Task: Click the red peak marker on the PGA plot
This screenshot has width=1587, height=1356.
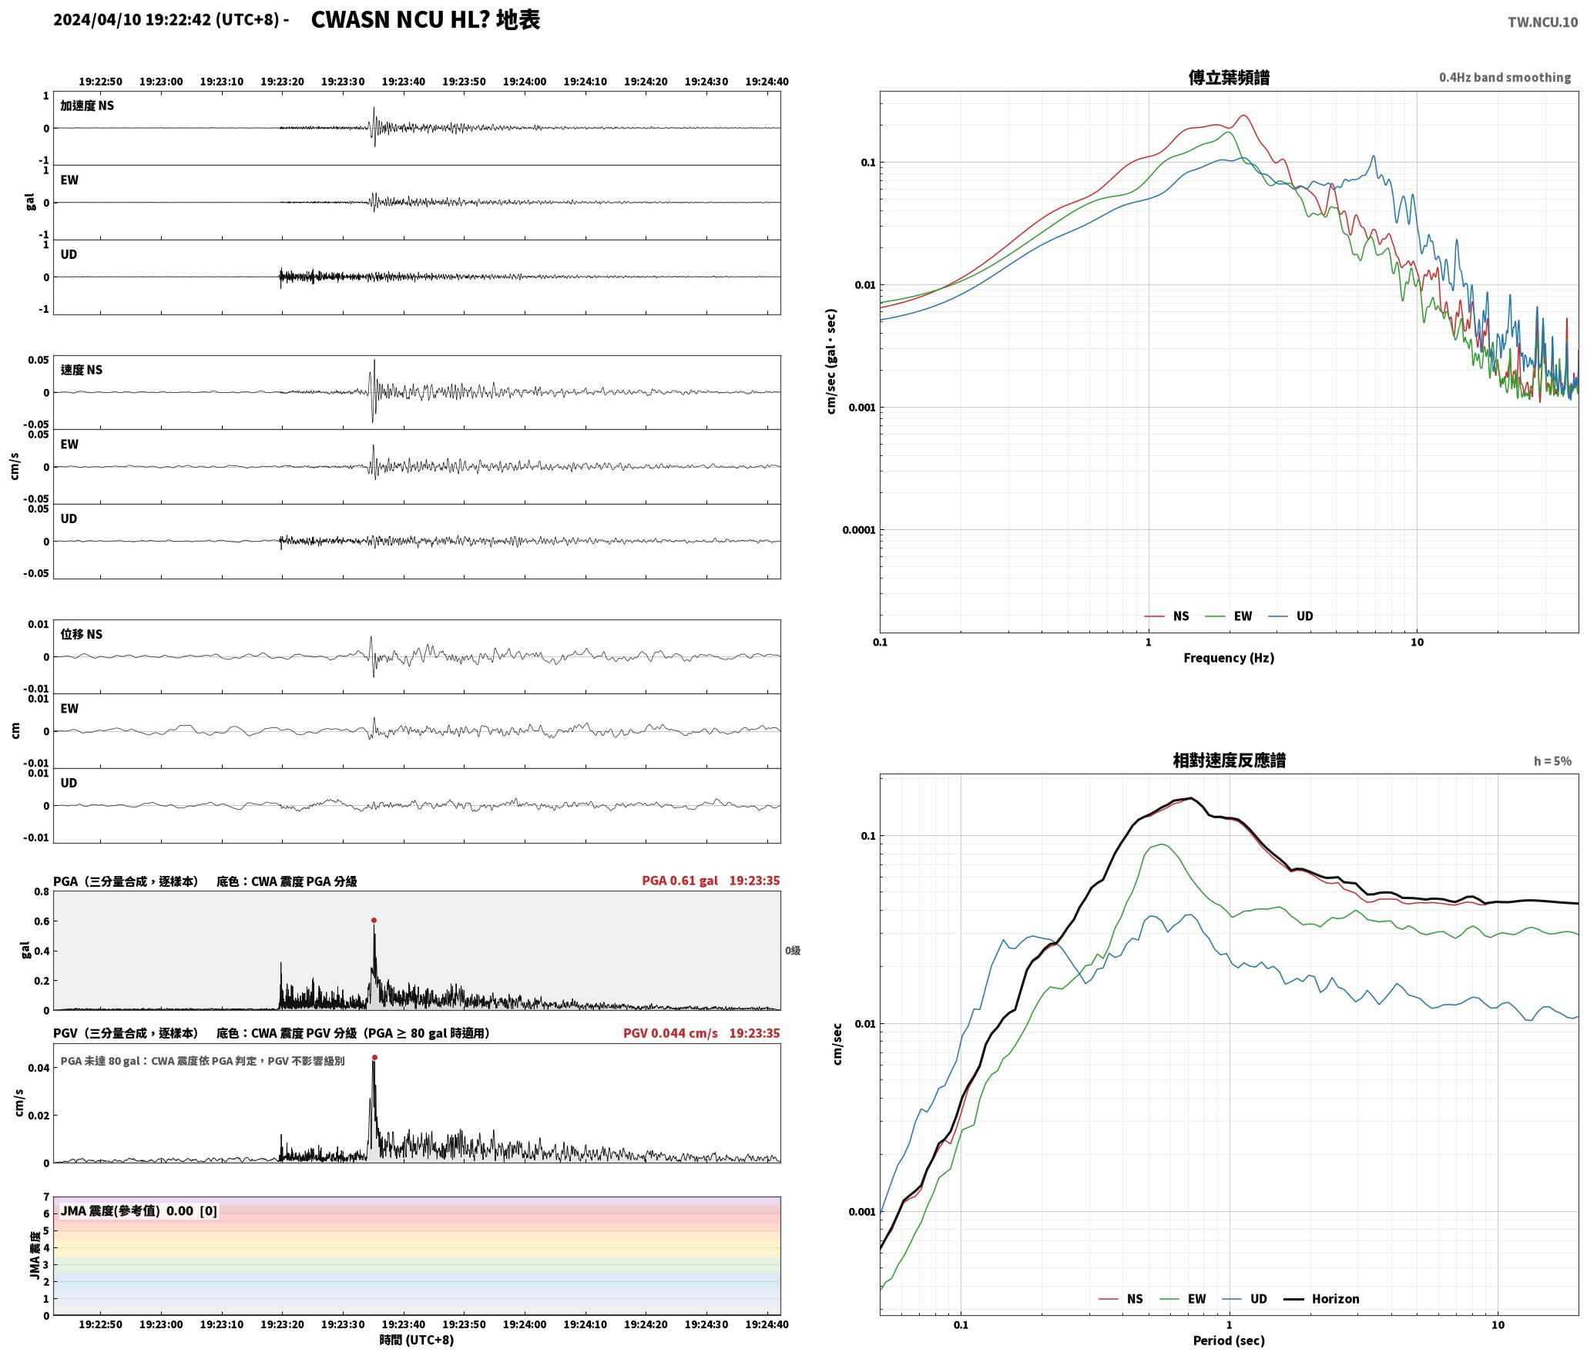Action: click(374, 920)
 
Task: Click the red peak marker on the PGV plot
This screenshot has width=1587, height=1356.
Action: click(374, 1058)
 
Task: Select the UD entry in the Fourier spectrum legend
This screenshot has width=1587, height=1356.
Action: click(1304, 616)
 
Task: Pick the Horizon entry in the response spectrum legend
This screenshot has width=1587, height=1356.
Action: click(1335, 1299)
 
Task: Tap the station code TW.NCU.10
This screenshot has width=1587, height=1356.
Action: click(1542, 22)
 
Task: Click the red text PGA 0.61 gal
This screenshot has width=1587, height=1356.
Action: click(679, 881)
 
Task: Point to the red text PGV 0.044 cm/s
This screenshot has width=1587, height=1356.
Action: click(670, 1033)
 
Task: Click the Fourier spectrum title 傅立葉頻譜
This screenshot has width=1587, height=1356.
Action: click(1229, 78)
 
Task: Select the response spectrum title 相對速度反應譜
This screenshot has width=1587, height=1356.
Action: click(1229, 760)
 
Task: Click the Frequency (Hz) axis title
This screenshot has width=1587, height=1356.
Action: click(1229, 658)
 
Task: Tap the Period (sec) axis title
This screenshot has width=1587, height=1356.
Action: click(1229, 1341)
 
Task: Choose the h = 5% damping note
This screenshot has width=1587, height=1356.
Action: click(1552, 761)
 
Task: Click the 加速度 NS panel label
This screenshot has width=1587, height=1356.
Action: click(87, 106)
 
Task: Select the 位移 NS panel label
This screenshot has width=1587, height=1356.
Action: click(82, 634)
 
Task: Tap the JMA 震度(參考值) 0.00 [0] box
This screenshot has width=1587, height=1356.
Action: click(139, 1211)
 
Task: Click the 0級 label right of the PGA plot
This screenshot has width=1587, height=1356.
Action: click(793, 951)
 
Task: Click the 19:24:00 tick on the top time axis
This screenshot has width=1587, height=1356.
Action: click(525, 82)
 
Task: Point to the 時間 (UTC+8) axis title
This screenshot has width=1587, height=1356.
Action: click(417, 1340)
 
